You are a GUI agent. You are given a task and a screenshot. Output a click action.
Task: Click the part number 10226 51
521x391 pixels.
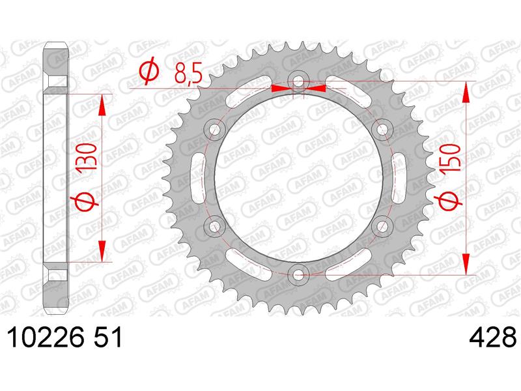(x=64, y=337)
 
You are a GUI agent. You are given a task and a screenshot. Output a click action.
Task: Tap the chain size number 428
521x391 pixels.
(x=492, y=337)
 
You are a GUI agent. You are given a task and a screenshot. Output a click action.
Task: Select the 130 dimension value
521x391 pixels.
(x=87, y=157)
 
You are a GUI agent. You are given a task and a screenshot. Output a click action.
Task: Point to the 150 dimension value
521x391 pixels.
(x=451, y=157)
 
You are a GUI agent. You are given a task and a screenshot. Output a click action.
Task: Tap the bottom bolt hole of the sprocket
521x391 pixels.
(x=298, y=274)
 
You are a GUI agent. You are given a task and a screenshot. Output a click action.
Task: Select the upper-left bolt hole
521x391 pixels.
(x=214, y=129)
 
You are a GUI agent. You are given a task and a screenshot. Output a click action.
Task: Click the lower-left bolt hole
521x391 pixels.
(x=214, y=226)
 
